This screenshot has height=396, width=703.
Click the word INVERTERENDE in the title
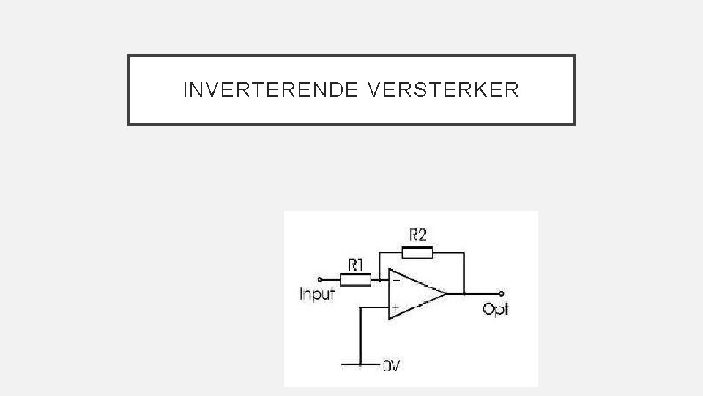click(272, 90)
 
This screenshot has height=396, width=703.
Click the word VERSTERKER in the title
click(445, 90)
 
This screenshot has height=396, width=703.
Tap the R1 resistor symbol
click(355, 279)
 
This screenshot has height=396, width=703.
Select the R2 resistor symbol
click(416, 253)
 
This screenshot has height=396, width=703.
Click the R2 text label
click(418, 235)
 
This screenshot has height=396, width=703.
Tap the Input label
click(317, 294)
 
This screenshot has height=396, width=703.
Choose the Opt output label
click(495, 309)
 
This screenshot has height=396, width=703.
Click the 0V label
click(392, 365)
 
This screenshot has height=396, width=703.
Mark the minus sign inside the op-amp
click(395, 279)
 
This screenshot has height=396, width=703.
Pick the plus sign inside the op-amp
click(395, 309)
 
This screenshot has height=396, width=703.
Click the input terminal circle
click(320, 279)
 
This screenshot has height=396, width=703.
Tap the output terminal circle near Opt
click(501, 294)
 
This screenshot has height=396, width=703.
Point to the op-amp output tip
click(445, 294)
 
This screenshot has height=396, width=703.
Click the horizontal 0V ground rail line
click(359, 363)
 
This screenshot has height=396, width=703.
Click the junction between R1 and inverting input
click(380, 279)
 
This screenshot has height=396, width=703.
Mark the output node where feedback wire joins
click(464, 294)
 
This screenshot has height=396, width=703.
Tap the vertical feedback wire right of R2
click(464, 273)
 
